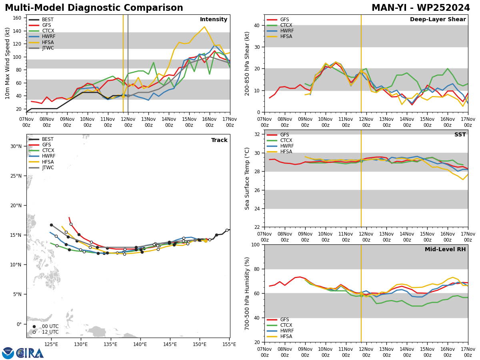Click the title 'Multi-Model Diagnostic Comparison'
coord(94,8)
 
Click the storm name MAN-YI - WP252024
coord(421,8)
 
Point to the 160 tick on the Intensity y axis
coord(17,18)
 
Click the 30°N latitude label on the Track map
coord(16,146)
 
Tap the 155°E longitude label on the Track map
coord(229,344)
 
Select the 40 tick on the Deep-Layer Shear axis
coord(257,25)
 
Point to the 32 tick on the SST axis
coord(257,134)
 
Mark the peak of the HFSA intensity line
coord(204,27)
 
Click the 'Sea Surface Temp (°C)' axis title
coord(247,178)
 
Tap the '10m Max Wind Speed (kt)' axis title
coord(7,63)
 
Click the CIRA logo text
coord(30,353)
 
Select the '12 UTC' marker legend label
coord(50,332)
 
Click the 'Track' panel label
coord(219,140)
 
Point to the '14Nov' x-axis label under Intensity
coord(169,119)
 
